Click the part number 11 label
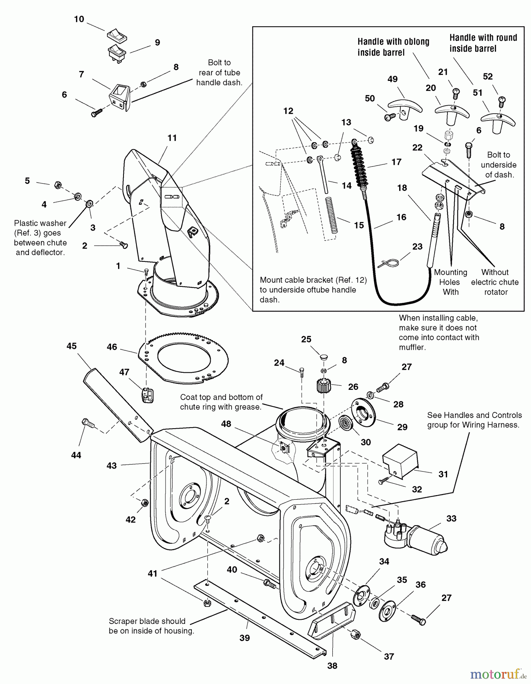(x=172, y=138)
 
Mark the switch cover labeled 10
(x=117, y=36)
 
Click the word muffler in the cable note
(x=412, y=347)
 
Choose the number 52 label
(x=488, y=76)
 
